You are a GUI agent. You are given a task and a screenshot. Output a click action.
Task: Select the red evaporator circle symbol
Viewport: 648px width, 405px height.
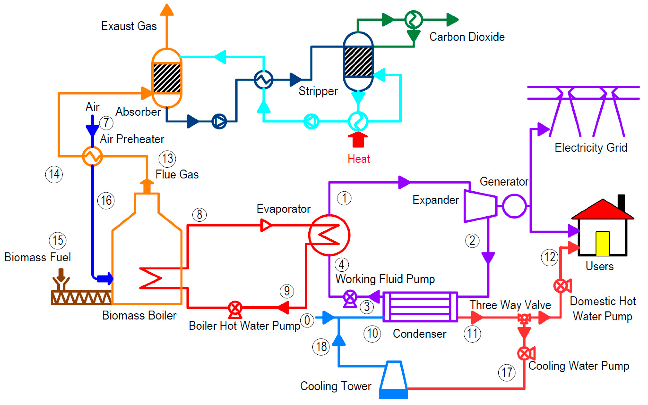pos(329,235)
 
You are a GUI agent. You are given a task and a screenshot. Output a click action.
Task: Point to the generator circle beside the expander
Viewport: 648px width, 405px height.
pos(514,206)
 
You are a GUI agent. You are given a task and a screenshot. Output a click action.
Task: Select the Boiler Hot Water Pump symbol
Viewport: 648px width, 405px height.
pos(235,308)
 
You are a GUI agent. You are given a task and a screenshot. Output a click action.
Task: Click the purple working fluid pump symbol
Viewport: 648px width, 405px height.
pos(350,297)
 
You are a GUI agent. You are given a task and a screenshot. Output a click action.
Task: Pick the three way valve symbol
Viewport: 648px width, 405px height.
pos(524,318)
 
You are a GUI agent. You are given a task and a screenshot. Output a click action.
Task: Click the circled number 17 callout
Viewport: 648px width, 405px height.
pos(506,372)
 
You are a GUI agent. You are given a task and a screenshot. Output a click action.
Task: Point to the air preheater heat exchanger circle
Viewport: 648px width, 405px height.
pos(92,156)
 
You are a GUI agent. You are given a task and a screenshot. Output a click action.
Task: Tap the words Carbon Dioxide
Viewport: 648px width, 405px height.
pos(467,37)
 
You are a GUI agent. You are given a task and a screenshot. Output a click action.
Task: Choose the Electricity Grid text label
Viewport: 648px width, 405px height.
pos(591,147)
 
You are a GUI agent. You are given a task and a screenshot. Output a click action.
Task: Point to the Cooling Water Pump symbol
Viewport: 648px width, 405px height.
pos(525,354)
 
